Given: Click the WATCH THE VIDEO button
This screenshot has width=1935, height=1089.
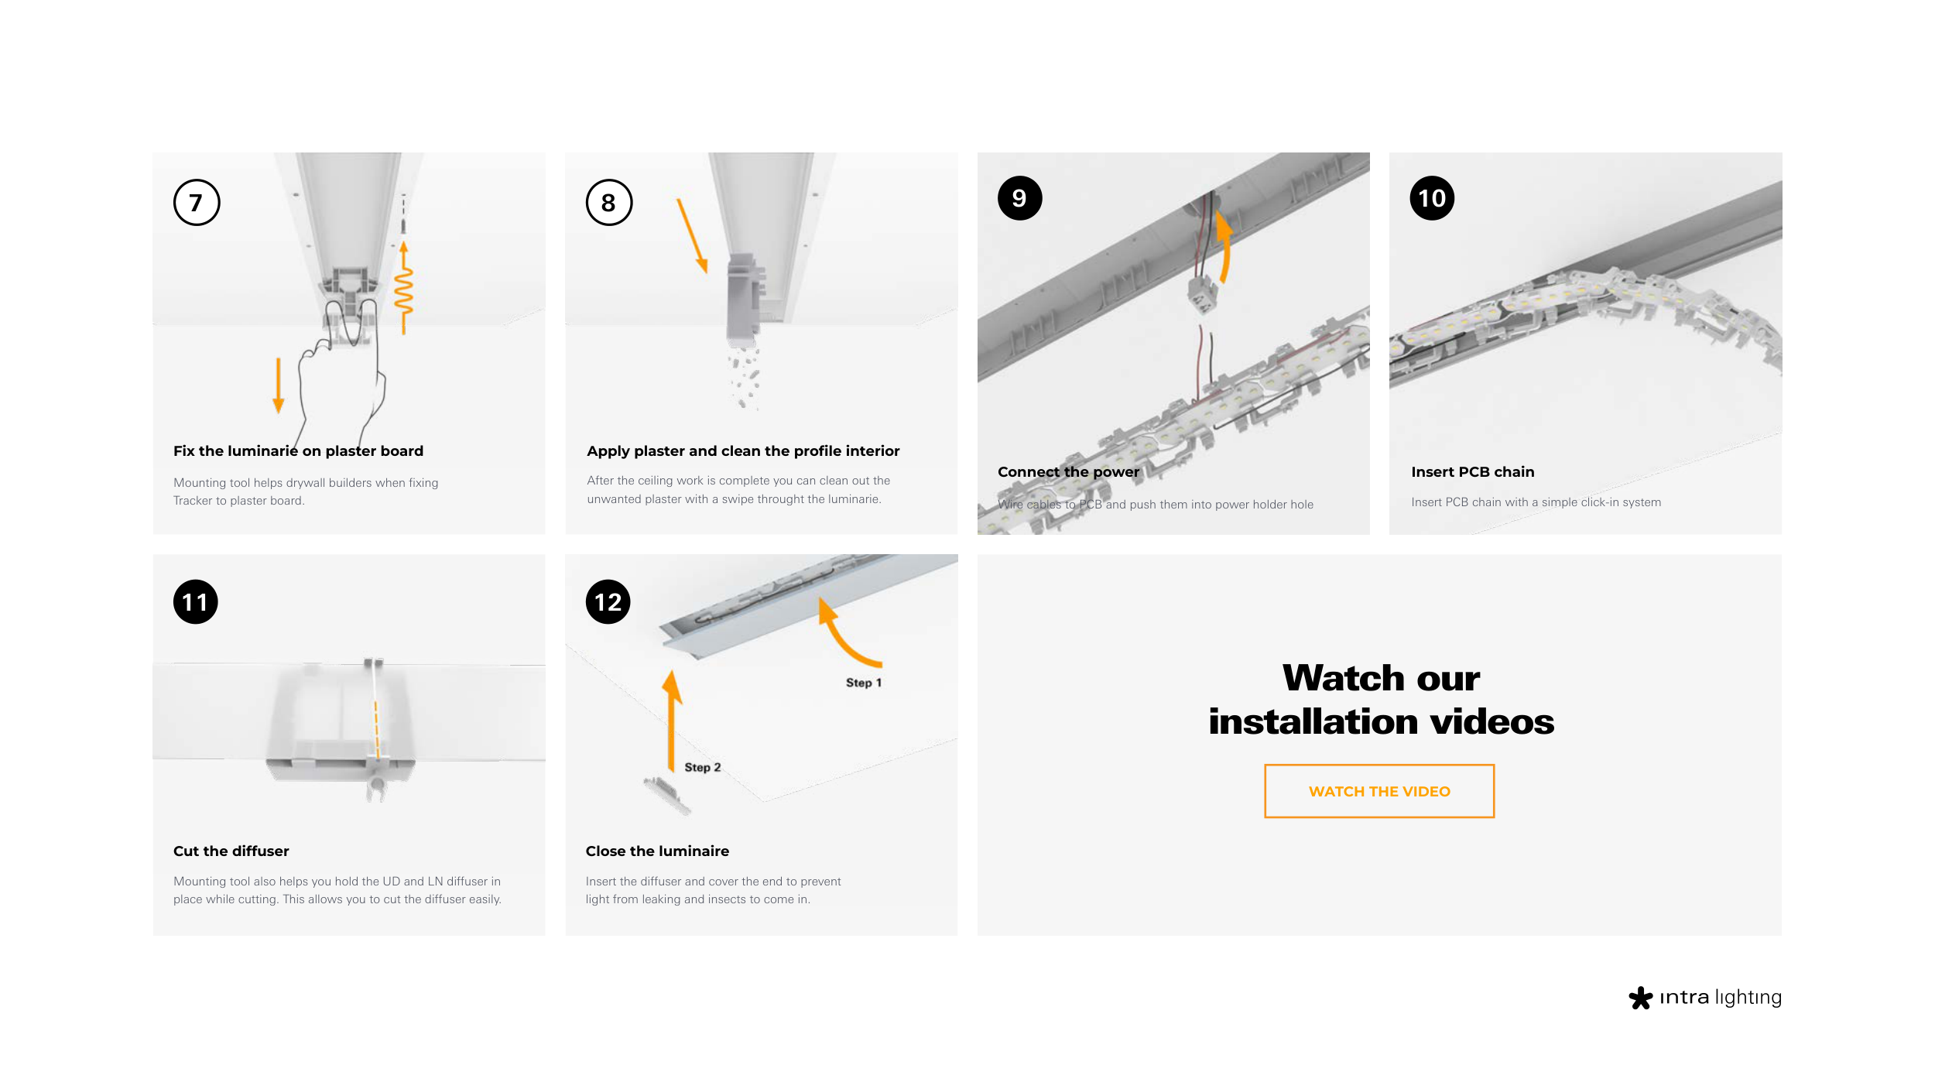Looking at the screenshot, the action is pos(1378,791).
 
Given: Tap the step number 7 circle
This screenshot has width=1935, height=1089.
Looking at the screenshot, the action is pos(197,203).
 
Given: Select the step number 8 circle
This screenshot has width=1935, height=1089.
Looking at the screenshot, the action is pos(609,203).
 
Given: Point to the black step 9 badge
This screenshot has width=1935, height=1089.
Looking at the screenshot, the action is pos(1020,198).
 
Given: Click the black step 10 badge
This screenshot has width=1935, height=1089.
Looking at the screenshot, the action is pos(1432,198).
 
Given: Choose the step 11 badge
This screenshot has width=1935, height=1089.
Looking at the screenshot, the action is pos(196,602).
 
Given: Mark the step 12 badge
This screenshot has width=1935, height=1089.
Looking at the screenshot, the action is pos(608,602).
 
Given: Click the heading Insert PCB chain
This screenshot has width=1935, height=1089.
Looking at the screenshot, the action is pos(1472,472).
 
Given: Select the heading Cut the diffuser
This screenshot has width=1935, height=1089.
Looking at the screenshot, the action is pos(231,851).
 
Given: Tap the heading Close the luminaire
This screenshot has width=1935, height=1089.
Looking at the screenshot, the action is pos(657,851).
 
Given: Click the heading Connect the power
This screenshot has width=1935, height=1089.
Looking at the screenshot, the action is pos(1068,472).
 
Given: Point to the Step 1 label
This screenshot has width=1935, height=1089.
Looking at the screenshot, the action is pos(864,683).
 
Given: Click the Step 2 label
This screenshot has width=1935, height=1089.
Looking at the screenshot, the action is pos(703,767).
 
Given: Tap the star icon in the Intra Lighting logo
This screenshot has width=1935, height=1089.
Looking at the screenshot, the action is pos(1640,998).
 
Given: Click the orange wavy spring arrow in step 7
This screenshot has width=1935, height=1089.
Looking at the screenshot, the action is pos(403,288).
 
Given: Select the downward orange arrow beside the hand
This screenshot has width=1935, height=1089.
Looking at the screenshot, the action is pos(279,385).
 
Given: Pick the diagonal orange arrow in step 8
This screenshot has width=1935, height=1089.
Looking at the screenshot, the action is pos(693,236).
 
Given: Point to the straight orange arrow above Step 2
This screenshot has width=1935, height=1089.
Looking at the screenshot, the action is pos(671,720).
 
